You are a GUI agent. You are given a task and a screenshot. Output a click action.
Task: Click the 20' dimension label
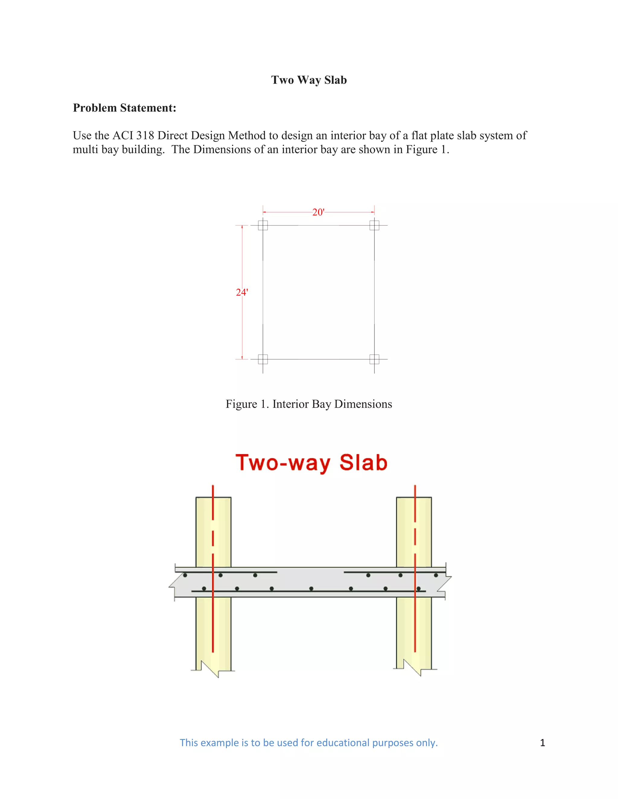tap(318, 212)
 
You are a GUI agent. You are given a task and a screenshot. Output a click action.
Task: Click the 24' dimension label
tap(242, 292)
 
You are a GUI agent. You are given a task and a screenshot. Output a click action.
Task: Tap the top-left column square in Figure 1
tap(263, 225)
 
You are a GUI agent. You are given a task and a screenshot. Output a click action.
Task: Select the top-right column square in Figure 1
tap(374, 225)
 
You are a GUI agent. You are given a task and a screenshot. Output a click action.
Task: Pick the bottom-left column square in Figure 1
tap(263, 359)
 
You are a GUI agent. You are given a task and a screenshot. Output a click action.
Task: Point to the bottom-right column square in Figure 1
tap(374, 359)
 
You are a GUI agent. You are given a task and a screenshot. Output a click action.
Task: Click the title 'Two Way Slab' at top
tap(309, 80)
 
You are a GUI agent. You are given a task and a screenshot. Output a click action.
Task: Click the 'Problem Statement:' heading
tap(125, 108)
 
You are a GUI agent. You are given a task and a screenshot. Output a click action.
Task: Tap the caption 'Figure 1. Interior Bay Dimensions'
tap(309, 404)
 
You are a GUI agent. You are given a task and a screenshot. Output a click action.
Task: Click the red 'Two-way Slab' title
tap(311, 463)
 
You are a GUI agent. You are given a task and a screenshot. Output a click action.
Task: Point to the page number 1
tap(542, 743)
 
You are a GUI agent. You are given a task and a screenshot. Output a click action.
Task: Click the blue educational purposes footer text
tap(309, 743)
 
